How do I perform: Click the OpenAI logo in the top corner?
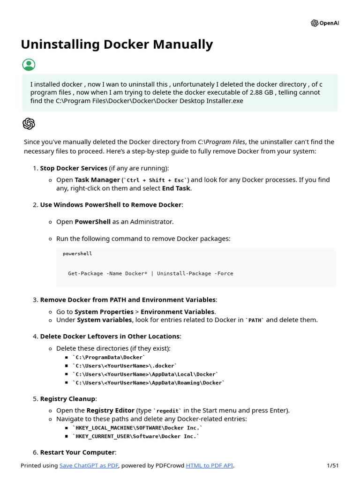(324, 23)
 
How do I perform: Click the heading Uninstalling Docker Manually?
(117, 45)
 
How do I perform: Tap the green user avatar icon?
(29, 65)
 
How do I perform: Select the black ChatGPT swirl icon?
(29, 124)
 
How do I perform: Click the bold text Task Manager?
(97, 180)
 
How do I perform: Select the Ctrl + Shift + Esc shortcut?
(155, 180)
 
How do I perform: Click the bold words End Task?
(176, 188)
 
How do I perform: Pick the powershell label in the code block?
(77, 254)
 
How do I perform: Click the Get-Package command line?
(150, 273)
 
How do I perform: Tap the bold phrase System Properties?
(104, 312)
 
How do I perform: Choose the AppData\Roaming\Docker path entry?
(149, 383)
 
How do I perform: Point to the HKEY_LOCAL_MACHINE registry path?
(138, 428)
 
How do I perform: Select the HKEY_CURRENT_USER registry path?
(136, 436)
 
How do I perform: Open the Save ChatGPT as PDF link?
(89, 465)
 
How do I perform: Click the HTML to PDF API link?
(209, 465)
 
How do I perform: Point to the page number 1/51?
(332, 465)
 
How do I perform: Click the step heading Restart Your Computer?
(77, 452)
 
